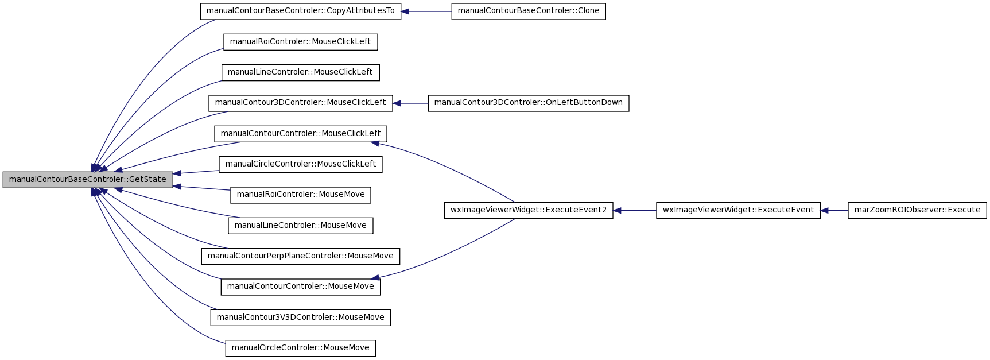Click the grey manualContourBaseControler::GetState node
point(88,180)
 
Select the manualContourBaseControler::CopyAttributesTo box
point(301,11)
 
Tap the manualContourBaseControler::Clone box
point(529,11)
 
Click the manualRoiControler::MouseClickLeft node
point(301,42)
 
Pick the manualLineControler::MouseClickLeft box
point(301,72)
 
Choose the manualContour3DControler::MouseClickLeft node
point(301,103)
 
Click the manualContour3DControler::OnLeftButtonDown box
point(529,103)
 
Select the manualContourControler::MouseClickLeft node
point(301,134)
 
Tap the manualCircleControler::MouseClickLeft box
point(301,164)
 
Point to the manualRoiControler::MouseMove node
point(301,195)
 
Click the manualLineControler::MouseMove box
point(301,226)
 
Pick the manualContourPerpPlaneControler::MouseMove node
point(301,256)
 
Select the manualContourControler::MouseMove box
point(301,287)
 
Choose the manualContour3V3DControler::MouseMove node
point(301,318)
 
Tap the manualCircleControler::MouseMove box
point(301,348)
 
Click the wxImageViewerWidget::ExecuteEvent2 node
point(529,210)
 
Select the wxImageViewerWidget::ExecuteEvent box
point(738,210)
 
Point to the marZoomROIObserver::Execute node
point(917,210)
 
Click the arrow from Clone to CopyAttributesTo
point(426,11)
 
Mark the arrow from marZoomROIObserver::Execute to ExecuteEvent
point(834,210)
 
